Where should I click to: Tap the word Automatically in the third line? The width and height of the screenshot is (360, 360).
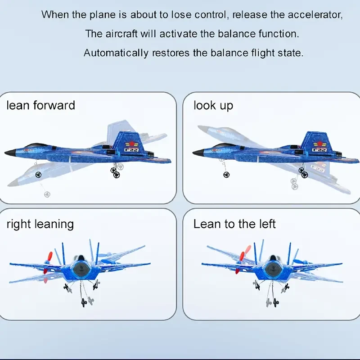coord(116,53)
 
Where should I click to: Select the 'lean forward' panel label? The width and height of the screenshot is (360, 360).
coord(40,106)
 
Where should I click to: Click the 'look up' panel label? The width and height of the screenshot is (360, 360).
coord(213,106)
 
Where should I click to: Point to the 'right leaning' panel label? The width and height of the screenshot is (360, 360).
coord(40,224)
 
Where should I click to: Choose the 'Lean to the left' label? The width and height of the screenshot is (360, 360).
coord(234,224)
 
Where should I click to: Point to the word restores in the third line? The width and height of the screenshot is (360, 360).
coord(171,53)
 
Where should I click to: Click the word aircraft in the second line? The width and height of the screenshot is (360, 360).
coord(121,34)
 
